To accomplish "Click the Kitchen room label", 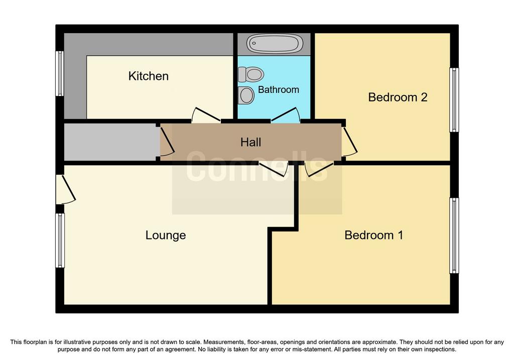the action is (x=148, y=76).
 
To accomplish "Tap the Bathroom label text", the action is (x=278, y=89).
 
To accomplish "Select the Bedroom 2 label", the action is (x=398, y=97).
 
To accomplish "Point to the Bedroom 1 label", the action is (x=373, y=235).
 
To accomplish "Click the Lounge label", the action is (x=166, y=235).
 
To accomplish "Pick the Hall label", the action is (x=251, y=142).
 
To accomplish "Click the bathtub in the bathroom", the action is (x=275, y=44).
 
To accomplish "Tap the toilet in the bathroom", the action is (x=251, y=74).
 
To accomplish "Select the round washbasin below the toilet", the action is (x=246, y=95).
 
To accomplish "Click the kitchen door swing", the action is (x=206, y=115).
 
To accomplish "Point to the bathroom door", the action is (x=285, y=115).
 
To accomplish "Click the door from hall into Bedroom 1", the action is (x=319, y=169).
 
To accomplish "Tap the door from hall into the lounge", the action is (x=274, y=169).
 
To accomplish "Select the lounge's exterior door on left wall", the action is (x=66, y=189).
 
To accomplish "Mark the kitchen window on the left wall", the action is (x=60, y=73).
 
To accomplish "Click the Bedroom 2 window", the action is (x=454, y=100).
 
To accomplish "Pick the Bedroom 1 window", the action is (x=454, y=235).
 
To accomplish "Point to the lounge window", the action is (x=60, y=241).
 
